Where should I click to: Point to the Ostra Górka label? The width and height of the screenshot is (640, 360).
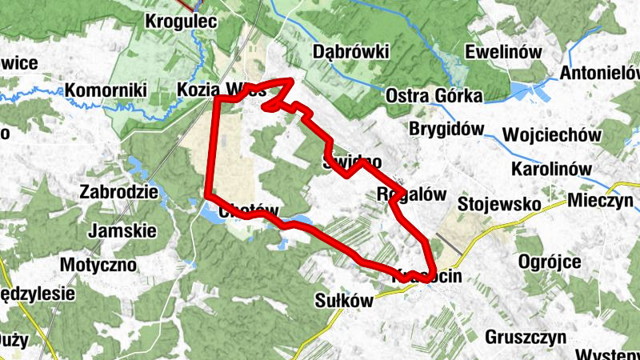pyautogui.click(x=434, y=96)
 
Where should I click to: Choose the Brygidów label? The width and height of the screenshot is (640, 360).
pyautogui.click(x=448, y=129)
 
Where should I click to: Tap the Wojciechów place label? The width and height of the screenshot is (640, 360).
pyautogui.click(x=551, y=134)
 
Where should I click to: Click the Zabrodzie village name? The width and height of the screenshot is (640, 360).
pyautogui.click(x=118, y=192)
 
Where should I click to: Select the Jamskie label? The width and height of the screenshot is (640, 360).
pyautogui.click(x=123, y=230)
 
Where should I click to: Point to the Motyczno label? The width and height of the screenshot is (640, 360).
pyautogui.click(x=99, y=264)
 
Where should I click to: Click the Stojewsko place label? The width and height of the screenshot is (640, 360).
pyautogui.click(x=500, y=204)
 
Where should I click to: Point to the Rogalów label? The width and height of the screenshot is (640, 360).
pyautogui.click(x=411, y=194)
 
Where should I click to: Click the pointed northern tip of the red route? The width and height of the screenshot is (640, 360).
pyautogui.click(x=290, y=80)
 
